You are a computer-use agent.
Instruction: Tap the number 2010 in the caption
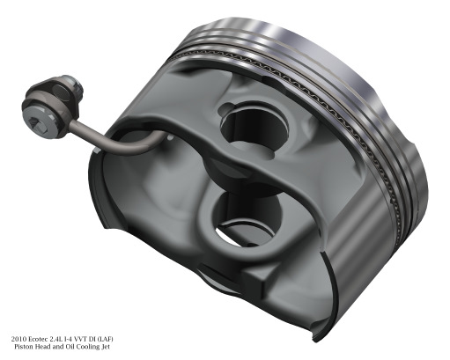[19, 339]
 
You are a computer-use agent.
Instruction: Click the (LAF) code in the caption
[105, 339]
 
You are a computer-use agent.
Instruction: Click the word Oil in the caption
[70, 347]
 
